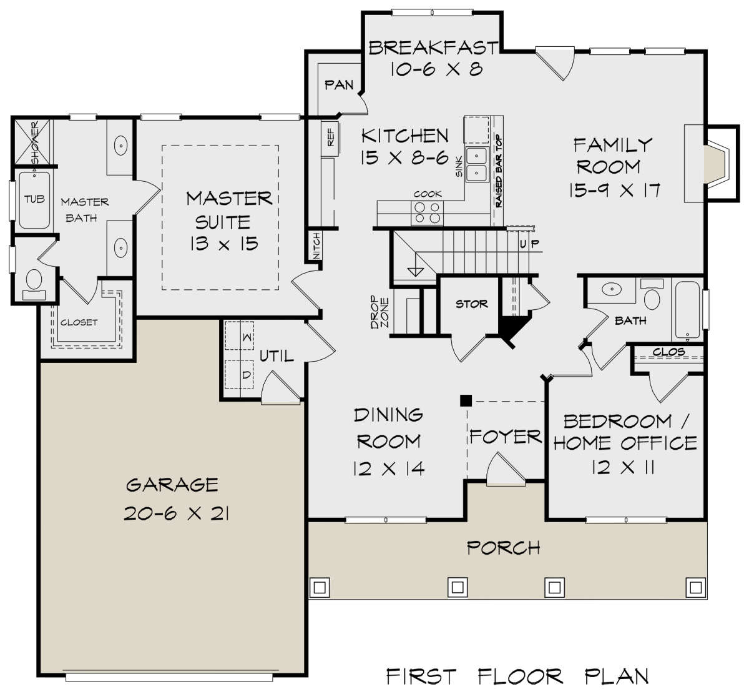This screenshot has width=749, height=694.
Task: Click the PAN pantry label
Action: [x=339, y=85]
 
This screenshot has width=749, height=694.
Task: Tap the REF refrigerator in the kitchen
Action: [x=330, y=139]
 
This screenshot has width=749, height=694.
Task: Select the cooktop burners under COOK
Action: [x=427, y=213]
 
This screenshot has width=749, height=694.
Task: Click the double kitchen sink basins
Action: [x=477, y=165]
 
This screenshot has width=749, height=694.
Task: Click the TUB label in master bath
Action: [x=34, y=199]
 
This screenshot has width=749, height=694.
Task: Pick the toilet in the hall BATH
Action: [x=652, y=295]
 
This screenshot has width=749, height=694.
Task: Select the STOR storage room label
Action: [x=471, y=304]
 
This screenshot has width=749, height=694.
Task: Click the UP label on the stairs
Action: [x=529, y=244]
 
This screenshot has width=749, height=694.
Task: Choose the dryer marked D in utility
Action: [x=239, y=374]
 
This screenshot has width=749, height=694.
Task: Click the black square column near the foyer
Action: [x=466, y=400]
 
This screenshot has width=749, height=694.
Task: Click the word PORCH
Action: [x=504, y=548]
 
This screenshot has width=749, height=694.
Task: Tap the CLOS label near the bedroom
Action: [x=668, y=352]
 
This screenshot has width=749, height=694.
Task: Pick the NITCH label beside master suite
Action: [x=316, y=246]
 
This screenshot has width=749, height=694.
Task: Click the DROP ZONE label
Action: [x=379, y=312]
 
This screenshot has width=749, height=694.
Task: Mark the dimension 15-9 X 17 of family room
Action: [x=615, y=191]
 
